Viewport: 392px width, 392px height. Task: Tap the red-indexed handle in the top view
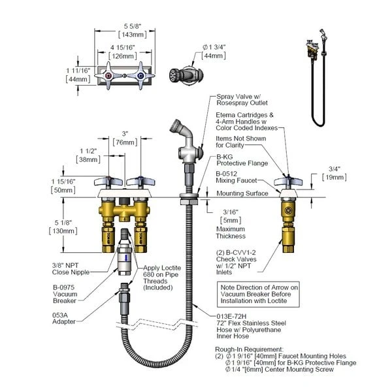tap(109, 79)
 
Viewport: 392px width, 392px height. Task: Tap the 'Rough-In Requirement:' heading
tap(249, 350)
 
